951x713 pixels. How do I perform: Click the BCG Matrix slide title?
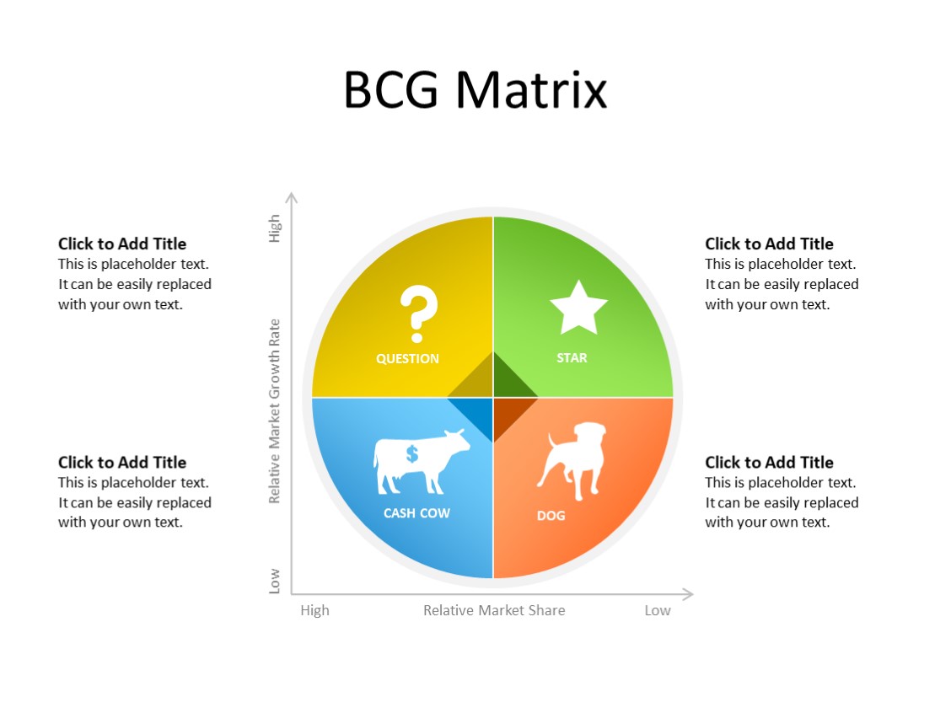point(475,89)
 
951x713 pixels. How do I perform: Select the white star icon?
point(578,308)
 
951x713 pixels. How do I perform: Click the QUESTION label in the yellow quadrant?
point(407,359)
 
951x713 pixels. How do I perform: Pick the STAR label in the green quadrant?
point(572,358)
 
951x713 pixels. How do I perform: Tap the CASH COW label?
point(416,513)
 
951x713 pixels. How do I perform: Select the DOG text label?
point(551,516)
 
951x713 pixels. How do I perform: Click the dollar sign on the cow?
point(411,454)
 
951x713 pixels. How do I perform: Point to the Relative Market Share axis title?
point(494,610)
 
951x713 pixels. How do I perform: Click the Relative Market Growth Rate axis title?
point(274,411)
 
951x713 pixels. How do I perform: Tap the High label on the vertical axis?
point(274,228)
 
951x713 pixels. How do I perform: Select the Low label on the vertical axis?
point(274,581)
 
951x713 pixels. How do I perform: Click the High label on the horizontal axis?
point(314,610)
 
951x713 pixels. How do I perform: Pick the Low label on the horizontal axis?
point(658,610)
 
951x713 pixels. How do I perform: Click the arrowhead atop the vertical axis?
point(292,198)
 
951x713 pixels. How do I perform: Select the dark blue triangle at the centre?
point(475,414)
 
